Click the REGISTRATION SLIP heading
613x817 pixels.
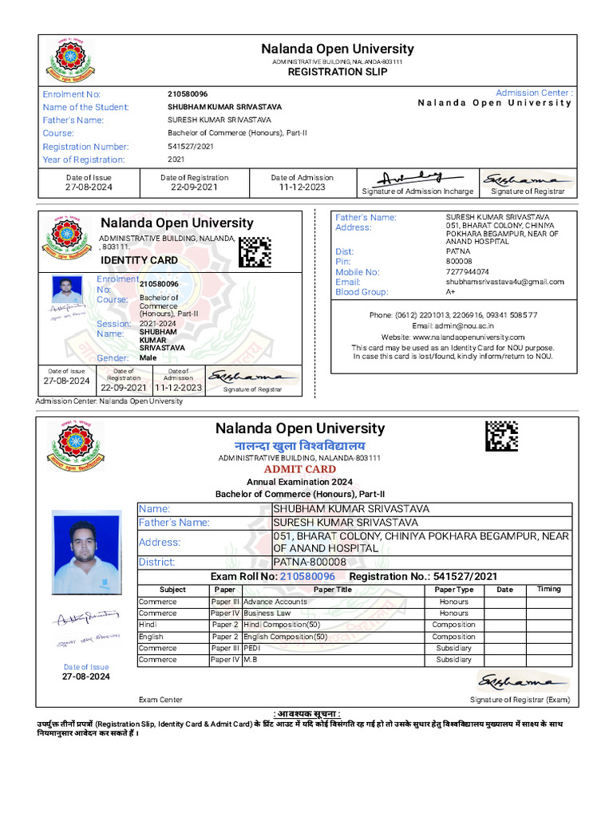click(x=337, y=72)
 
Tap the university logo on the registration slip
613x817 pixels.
click(x=69, y=60)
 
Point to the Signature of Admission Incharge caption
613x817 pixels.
click(x=417, y=191)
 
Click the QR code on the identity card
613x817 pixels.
click(x=255, y=252)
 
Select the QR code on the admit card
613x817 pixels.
click(x=501, y=436)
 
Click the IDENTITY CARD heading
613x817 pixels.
click(x=139, y=260)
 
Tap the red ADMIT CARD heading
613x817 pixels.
click(x=299, y=469)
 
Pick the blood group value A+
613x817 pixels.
click(x=451, y=292)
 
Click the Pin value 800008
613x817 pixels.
click(x=458, y=262)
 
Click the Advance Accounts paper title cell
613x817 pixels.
click(x=275, y=602)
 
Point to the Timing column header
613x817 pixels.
click(x=548, y=590)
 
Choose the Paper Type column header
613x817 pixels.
click(x=453, y=590)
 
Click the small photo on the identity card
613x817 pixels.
click(x=66, y=290)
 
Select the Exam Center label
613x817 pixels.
click(x=160, y=700)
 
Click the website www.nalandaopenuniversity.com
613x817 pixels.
click(x=453, y=337)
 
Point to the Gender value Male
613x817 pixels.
click(x=148, y=358)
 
